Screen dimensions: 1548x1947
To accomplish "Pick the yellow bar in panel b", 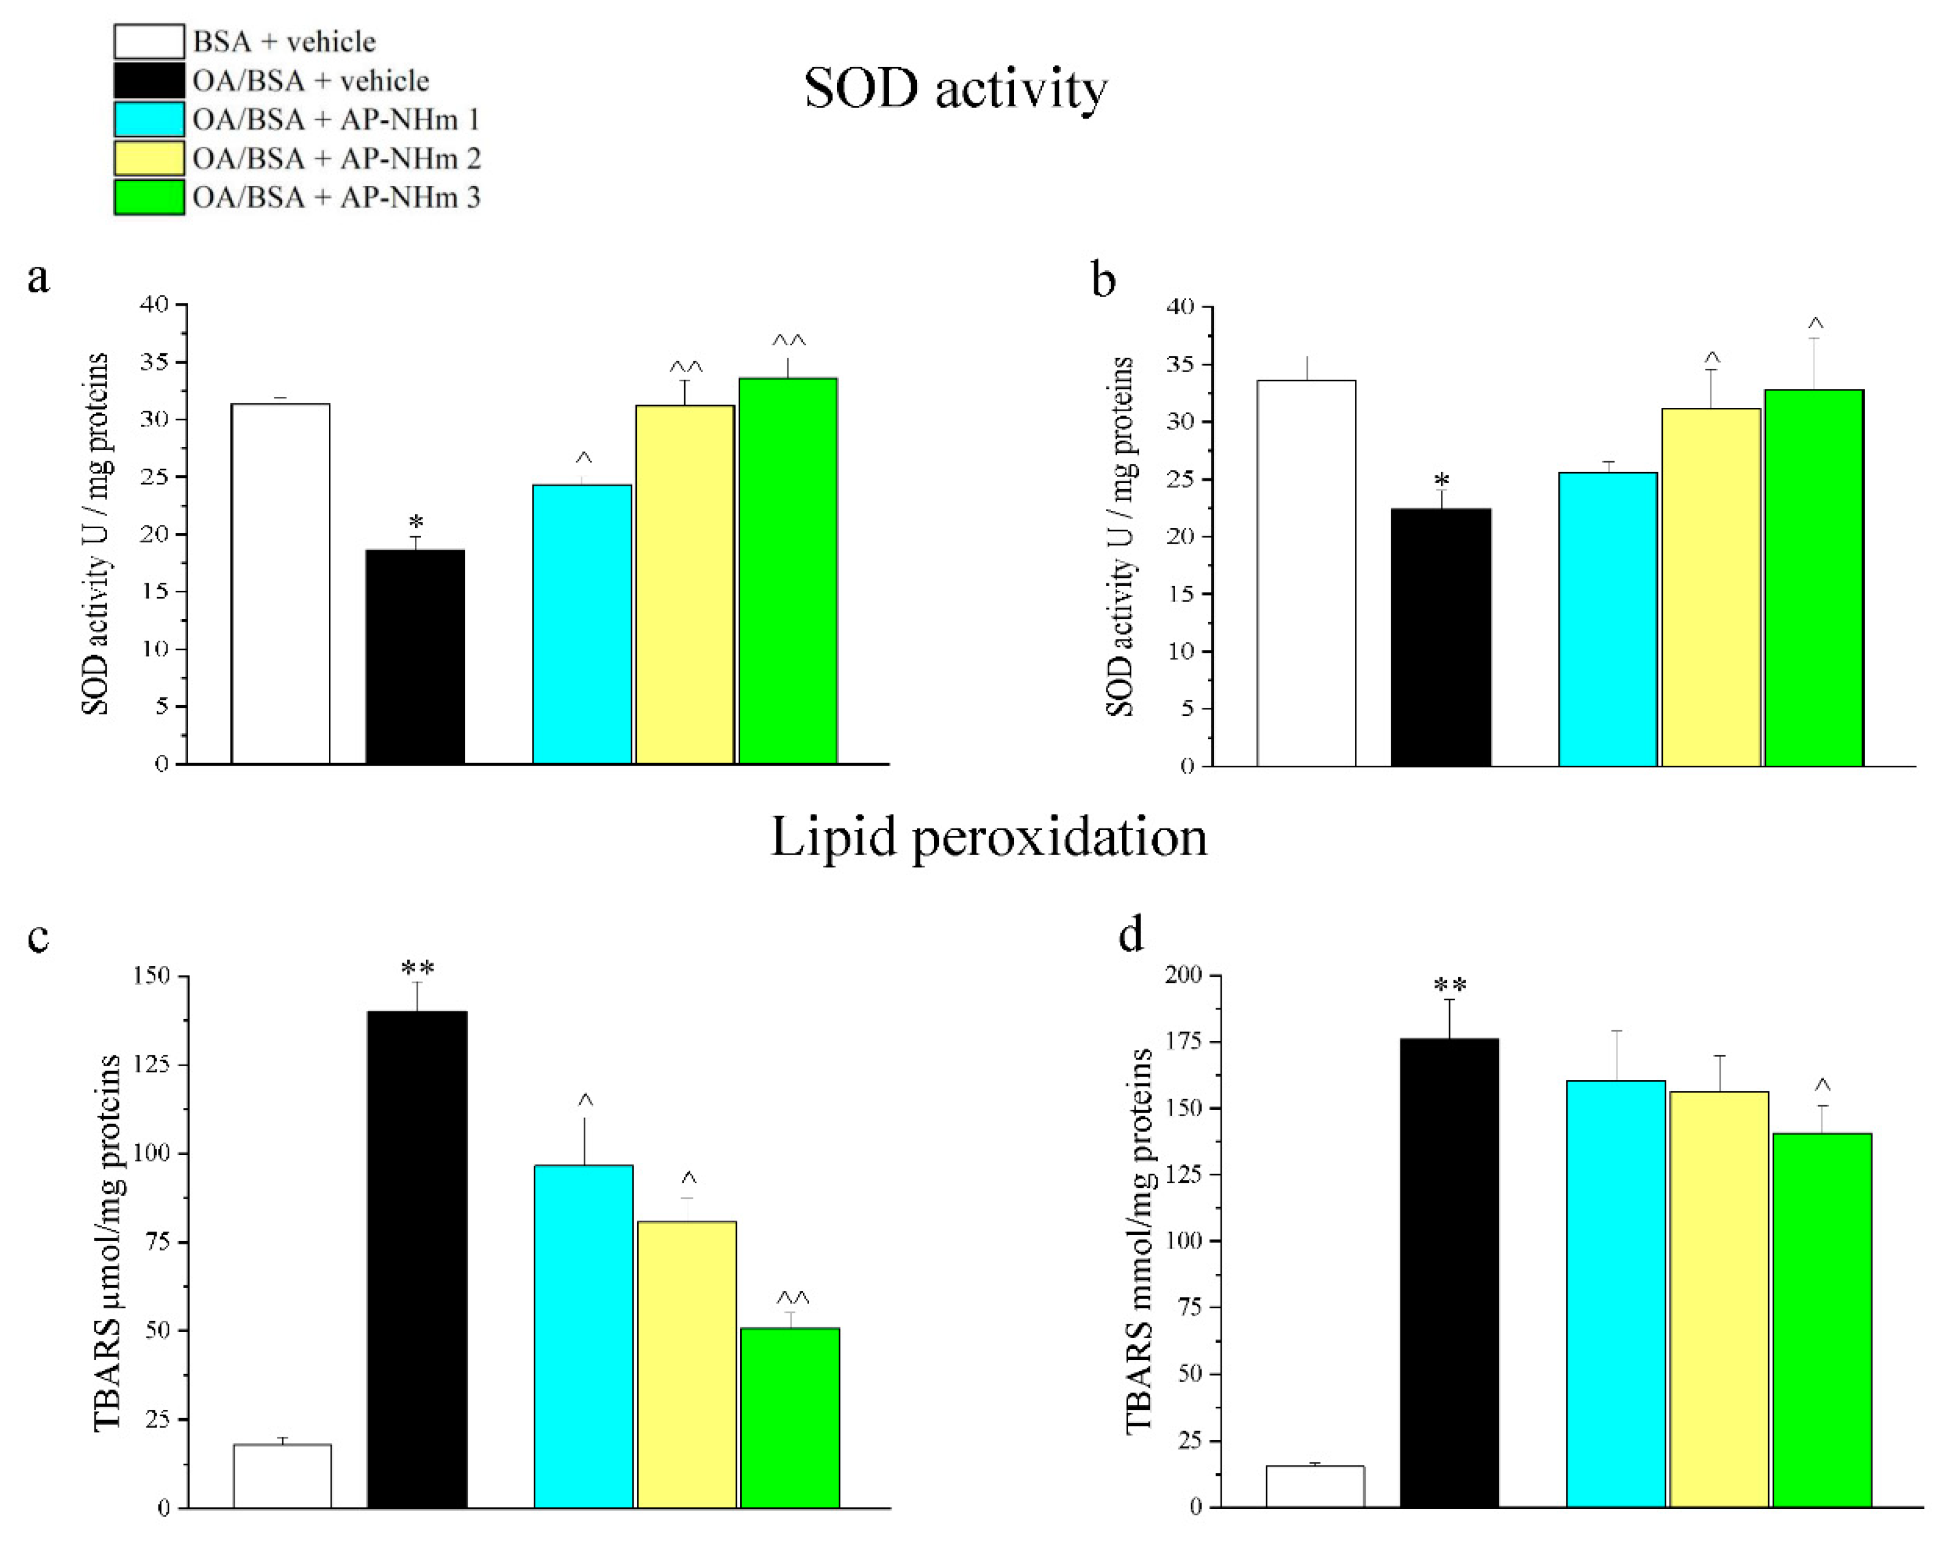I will click(1711, 587).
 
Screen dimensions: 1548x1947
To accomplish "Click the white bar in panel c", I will click(282, 1475).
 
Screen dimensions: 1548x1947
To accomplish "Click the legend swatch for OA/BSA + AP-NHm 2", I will click(149, 158).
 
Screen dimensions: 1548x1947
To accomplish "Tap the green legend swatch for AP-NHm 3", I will click(149, 197).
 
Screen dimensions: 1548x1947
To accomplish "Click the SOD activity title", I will click(955, 89).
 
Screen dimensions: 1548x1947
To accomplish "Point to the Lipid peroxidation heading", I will click(988, 837).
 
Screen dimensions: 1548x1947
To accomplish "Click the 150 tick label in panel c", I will click(151, 975).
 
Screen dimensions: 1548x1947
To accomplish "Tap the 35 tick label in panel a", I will click(154, 362).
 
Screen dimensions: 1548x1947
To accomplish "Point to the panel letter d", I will click(1130, 934).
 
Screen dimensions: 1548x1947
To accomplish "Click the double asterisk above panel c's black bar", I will click(417, 969).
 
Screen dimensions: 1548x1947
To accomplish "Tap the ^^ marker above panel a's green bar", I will click(788, 341).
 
